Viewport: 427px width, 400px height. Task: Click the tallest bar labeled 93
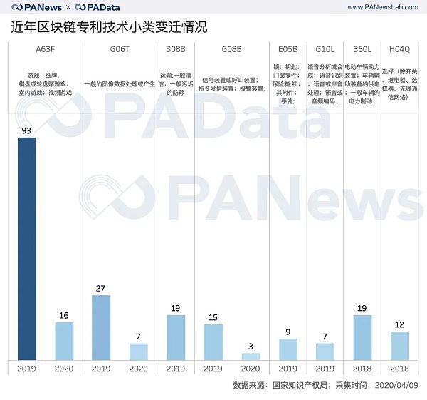pos(27,249)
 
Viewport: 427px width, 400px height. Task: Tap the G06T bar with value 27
pos(101,327)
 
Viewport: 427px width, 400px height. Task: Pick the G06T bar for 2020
pos(138,352)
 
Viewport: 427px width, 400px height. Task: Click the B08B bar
pos(176,337)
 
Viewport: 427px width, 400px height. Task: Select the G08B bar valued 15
pos(213,342)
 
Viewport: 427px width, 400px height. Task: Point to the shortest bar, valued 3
pos(251,357)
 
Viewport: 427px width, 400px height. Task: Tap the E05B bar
pos(288,349)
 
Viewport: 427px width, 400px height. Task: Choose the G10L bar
pos(325,352)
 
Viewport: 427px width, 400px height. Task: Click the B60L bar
pos(362,337)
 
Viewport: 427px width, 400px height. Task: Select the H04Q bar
pos(399,346)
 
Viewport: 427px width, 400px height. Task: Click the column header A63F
pos(46,49)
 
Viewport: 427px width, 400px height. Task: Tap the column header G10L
pos(325,49)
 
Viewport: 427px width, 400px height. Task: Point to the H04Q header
pos(399,49)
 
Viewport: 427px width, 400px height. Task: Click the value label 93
pos(27,130)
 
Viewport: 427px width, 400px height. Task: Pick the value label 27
pos(101,288)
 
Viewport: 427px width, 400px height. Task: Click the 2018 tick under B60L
pos(362,369)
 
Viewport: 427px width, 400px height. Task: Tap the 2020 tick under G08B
pos(251,369)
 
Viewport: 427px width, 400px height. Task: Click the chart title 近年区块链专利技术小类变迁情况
pos(110,28)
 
